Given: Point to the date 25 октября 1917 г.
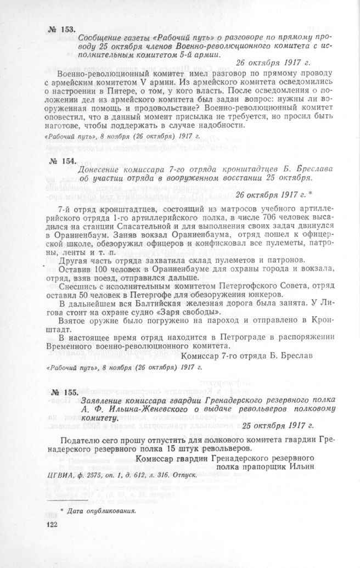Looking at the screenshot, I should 278,425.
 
